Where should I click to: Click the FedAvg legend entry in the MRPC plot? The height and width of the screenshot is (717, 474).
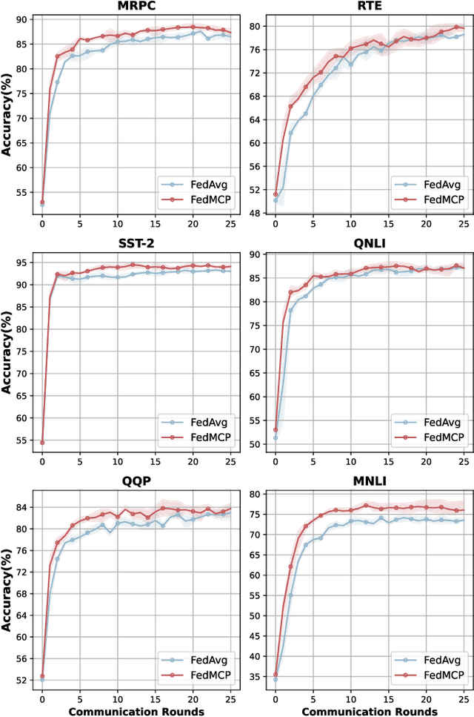(198, 184)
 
